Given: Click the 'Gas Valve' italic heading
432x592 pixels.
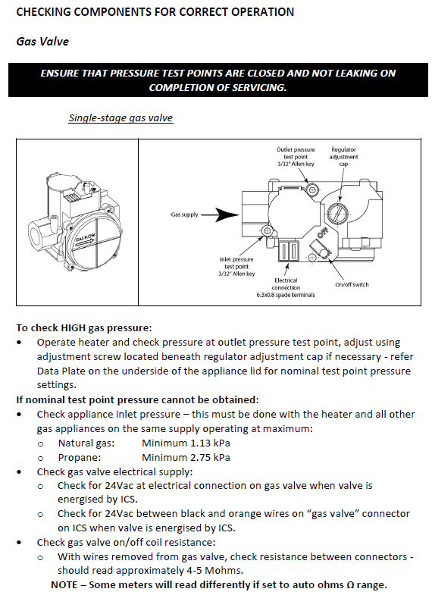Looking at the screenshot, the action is (42, 41).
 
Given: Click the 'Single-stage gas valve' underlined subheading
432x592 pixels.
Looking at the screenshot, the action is (121, 118).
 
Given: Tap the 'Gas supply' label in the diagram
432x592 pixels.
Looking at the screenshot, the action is (184, 215).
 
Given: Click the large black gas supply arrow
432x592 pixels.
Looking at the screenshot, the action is (220, 215).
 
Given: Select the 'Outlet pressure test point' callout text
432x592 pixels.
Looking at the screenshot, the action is (296, 157).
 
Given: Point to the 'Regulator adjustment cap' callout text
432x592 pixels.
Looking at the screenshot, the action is (343, 157).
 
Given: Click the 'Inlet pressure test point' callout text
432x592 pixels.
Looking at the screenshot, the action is (236, 267).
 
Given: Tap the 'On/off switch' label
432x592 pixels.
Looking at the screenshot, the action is (352, 285).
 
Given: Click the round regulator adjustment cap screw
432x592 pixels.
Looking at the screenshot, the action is (337, 213).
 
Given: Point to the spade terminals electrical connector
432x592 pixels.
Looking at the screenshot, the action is (290, 252).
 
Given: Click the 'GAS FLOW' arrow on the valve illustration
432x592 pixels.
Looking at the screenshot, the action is (86, 242).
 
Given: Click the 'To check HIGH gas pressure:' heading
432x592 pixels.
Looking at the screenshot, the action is (84, 327).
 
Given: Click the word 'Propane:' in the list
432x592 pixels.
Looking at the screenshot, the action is (80, 458).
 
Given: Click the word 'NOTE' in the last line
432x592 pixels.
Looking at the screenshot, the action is (64, 585).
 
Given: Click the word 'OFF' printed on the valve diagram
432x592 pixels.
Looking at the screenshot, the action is (322, 233).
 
